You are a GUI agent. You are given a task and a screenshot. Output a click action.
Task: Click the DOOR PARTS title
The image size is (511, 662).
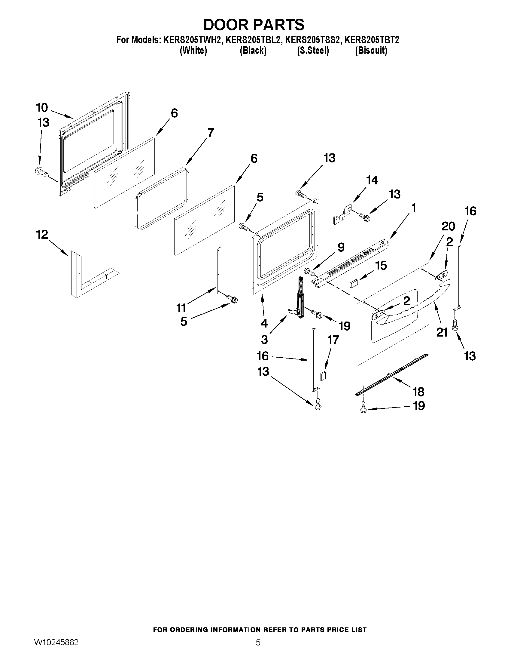pyautogui.click(x=254, y=25)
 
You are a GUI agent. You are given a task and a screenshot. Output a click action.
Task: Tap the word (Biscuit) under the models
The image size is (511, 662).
pyautogui.click(x=371, y=50)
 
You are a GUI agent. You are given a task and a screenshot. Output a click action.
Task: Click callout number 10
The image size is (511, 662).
pyautogui.click(x=42, y=108)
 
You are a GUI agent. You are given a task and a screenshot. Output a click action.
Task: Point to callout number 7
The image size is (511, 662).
pyautogui.click(x=210, y=132)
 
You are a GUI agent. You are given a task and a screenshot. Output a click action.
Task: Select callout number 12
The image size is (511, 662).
pyautogui.click(x=42, y=234)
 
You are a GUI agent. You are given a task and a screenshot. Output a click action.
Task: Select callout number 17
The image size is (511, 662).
pyautogui.click(x=333, y=340)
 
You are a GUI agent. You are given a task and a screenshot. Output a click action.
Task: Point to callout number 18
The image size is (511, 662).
pyautogui.click(x=418, y=392)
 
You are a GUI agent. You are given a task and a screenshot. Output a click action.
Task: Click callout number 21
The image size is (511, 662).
pyautogui.click(x=442, y=333)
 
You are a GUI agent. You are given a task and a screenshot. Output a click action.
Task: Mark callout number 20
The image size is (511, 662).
pyautogui.click(x=448, y=226)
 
